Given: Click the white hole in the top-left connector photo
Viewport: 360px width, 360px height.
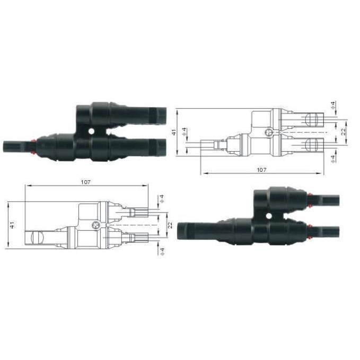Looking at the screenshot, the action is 91,131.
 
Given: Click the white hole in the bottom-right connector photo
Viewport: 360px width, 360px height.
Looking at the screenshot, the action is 269,216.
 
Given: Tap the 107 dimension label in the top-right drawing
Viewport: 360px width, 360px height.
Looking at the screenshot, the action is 261,170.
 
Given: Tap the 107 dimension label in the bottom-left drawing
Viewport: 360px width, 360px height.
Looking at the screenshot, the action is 86,182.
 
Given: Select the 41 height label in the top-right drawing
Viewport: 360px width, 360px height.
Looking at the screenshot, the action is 174,132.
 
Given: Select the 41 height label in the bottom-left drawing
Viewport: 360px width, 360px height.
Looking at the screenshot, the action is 12,225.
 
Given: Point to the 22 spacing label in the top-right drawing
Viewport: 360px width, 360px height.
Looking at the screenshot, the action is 343,132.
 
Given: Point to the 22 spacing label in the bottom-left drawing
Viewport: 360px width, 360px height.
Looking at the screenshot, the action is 170,225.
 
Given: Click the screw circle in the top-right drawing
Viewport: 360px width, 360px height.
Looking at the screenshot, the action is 268,133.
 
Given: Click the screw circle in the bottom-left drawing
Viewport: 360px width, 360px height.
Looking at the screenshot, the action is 95,225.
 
